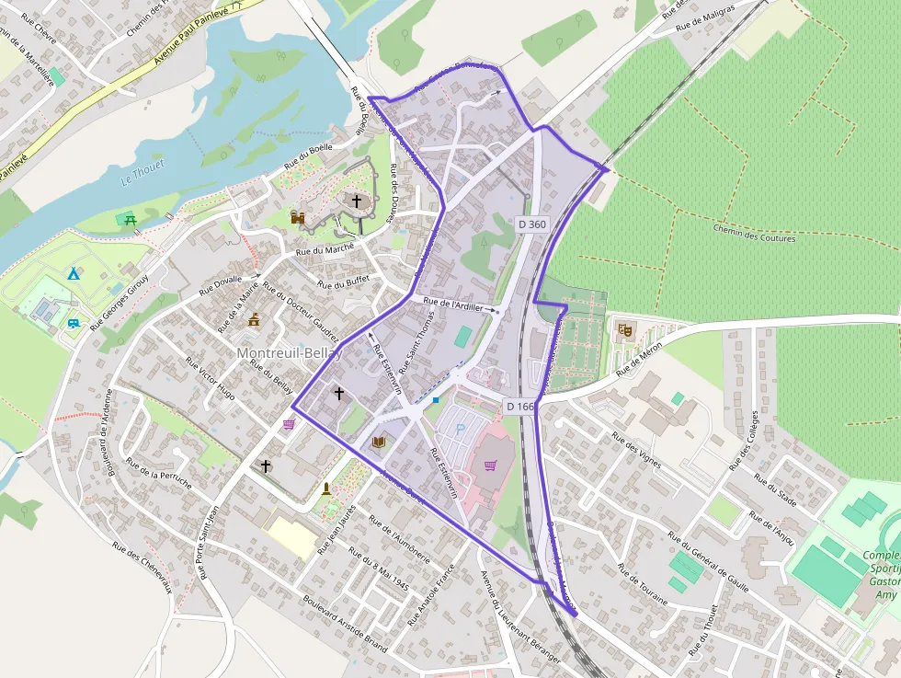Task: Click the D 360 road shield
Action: pyautogui.click(x=531, y=224)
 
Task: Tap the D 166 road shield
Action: pyautogui.click(x=519, y=406)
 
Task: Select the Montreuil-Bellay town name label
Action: pyautogui.click(x=289, y=353)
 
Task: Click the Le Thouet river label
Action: pyautogui.click(x=143, y=172)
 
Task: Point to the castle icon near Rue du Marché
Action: pyautogui.click(x=297, y=217)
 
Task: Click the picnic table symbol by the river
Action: pyautogui.click(x=129, y=218)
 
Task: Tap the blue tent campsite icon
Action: pyautogui.click(x=73, y=274)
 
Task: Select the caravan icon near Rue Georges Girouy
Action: pyautogui.click(x=73, y=324)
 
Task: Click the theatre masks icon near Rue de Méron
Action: pyautogui.click(x=625, y=328)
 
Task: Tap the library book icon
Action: pyautogui.click(x=378, y=442)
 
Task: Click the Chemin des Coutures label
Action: pyautogui.click(x=753, y=233)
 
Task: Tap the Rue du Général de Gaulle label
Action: pyautogui.click(x=707, y=561)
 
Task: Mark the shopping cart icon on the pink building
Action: pyautogui.click(x=490, y=465)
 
